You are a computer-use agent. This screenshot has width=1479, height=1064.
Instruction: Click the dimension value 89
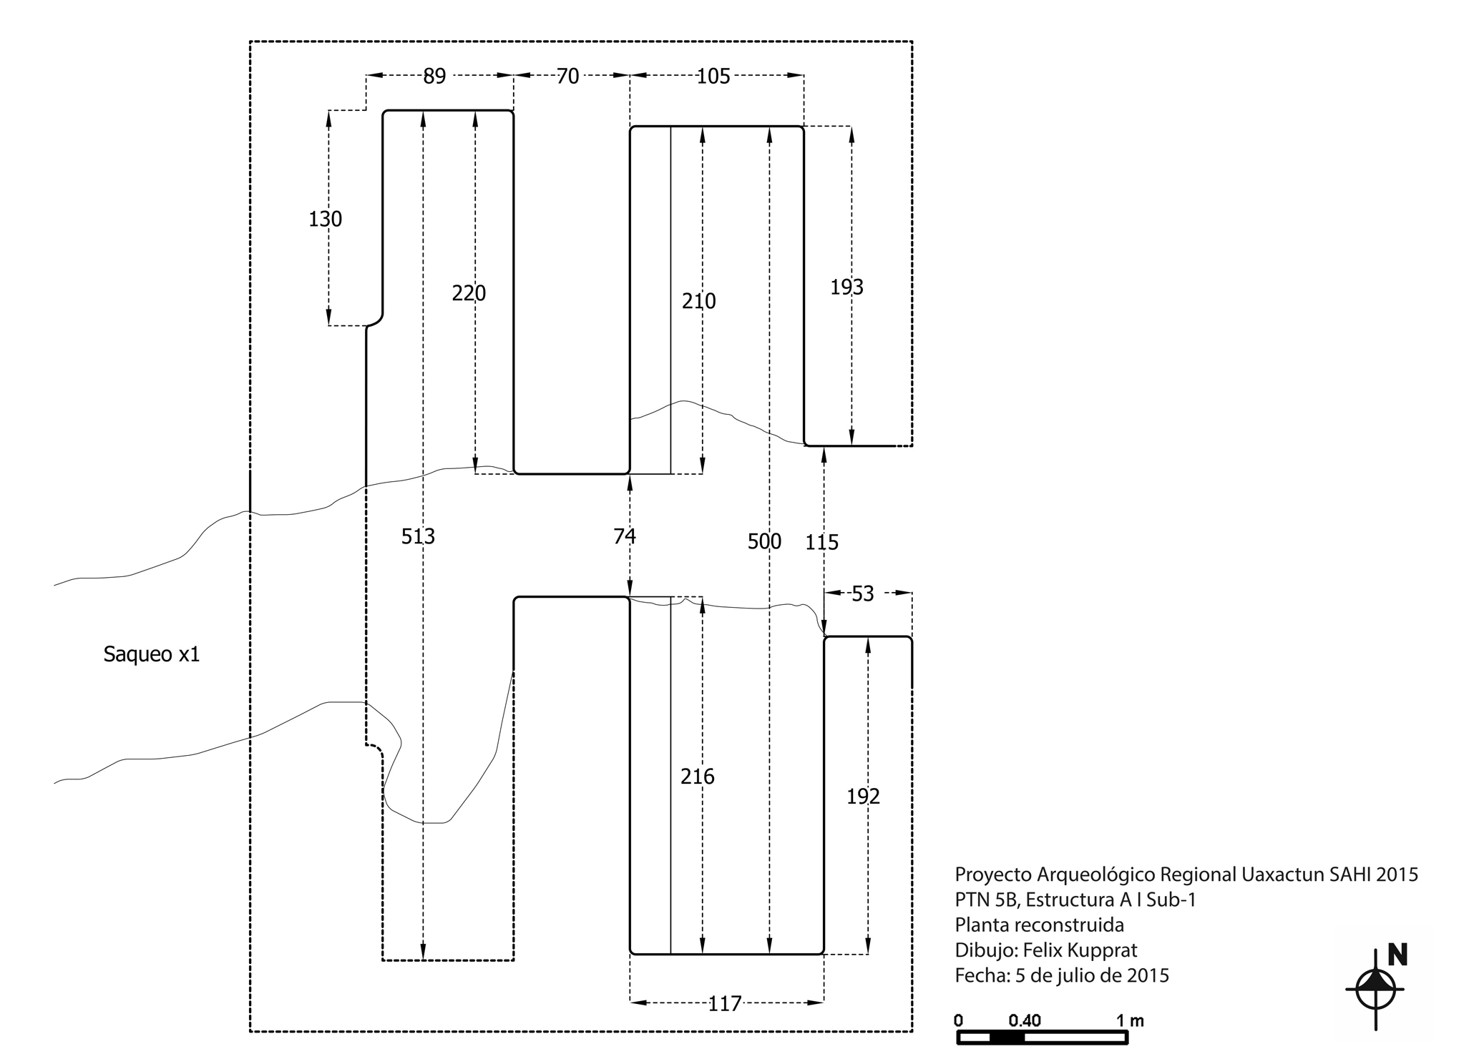click(x=434, y=76)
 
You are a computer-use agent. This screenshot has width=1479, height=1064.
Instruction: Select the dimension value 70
click(x=567, y=76)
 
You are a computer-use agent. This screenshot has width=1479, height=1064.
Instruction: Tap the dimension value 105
click(x=713, y=76)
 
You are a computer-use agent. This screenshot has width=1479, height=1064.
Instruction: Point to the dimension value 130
click(x=326, y=219)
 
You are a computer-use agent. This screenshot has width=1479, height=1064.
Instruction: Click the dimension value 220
click(x=469, y=293)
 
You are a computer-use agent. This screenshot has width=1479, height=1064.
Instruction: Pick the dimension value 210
click(x=699, y=301)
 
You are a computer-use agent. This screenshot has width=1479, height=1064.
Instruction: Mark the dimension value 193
click(x=847, y=287)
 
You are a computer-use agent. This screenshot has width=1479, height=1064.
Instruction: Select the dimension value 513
click(x=418, y=536)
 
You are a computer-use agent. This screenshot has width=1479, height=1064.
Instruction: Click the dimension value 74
click(x=625, y=536)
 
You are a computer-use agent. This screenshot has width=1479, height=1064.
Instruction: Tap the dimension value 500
click(x=765, y=541)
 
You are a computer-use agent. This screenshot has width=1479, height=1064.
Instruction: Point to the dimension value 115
click(x=822, y=543)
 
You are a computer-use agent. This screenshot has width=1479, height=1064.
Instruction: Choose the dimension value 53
click(x=863, y=594)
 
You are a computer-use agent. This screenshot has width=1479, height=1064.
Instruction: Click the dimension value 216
click(x=698, y=777)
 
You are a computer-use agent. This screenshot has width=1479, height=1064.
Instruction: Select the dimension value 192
click(x=864, y=797)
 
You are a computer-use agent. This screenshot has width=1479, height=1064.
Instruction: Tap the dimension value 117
click(x=725, y=1004)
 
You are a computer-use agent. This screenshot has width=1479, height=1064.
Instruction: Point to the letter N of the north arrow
click(x=1397, y=955)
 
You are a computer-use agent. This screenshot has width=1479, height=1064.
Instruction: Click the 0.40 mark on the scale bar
click(x=1025, y=1020)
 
